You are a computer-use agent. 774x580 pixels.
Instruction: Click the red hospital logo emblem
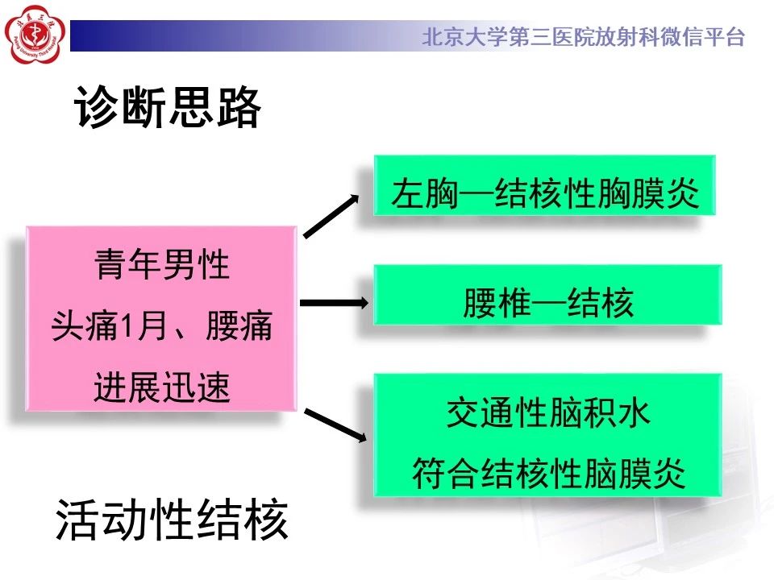34,34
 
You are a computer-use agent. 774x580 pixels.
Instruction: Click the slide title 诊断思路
168,107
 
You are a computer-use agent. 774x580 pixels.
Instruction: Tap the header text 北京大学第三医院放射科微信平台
583,37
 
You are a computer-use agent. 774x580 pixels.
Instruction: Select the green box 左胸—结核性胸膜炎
544,185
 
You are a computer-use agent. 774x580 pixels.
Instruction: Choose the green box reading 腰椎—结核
548,295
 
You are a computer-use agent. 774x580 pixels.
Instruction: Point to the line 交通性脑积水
548,412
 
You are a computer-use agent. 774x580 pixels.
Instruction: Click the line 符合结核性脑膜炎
548,473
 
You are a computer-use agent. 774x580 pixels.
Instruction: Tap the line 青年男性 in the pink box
162,264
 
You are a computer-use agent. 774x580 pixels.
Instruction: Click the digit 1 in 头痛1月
128,326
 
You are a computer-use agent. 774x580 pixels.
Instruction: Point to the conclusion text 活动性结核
172,520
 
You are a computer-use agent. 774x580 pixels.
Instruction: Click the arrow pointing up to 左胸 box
331,217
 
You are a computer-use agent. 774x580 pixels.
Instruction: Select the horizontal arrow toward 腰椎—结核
334,302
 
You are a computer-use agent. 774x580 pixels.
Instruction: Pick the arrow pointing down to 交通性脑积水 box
335,425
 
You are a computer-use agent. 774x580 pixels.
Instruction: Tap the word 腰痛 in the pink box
239,326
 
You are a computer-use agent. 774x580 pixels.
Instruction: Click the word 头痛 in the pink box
85,326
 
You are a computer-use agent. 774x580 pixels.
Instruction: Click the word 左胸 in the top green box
425,193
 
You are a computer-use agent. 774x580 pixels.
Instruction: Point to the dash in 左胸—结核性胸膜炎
476,193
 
